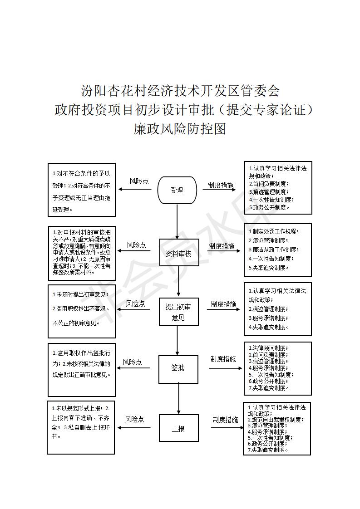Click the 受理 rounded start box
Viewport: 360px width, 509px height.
(x=177, y=190)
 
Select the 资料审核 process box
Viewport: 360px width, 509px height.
(x=179, y=253)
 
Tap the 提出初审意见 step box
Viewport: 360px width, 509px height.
(x=178, y=312)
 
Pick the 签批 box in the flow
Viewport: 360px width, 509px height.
(x=178, y=369)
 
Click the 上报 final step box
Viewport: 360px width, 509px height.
(x=178, y=428)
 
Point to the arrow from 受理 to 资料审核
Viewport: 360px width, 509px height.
(x=177, y=221)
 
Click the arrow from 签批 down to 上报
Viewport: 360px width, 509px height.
(x=178, y=399)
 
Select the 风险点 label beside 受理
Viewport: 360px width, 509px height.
(x=139, y=181)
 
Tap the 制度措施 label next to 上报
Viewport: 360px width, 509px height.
(x=225, y=420)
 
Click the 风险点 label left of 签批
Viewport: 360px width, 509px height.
(x=132, y=362)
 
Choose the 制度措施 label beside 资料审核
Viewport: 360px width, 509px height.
(x=222, y=246)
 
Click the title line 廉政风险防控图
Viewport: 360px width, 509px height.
(x=180, y=129)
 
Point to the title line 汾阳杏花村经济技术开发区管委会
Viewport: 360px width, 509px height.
(x=180, y=91)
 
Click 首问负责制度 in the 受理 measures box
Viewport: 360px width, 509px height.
(x=269, y=184)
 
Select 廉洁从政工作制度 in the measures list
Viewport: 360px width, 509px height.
(x=274, y=250)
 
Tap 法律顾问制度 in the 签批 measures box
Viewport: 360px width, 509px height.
(x=268, y=348)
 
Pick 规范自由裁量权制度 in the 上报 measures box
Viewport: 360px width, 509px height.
(x=276, y=420)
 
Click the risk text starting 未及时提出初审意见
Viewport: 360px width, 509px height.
(x=80, y=294)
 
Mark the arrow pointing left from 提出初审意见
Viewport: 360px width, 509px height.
(x=133, y=309)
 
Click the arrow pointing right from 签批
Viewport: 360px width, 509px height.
(x=226, y=368)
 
